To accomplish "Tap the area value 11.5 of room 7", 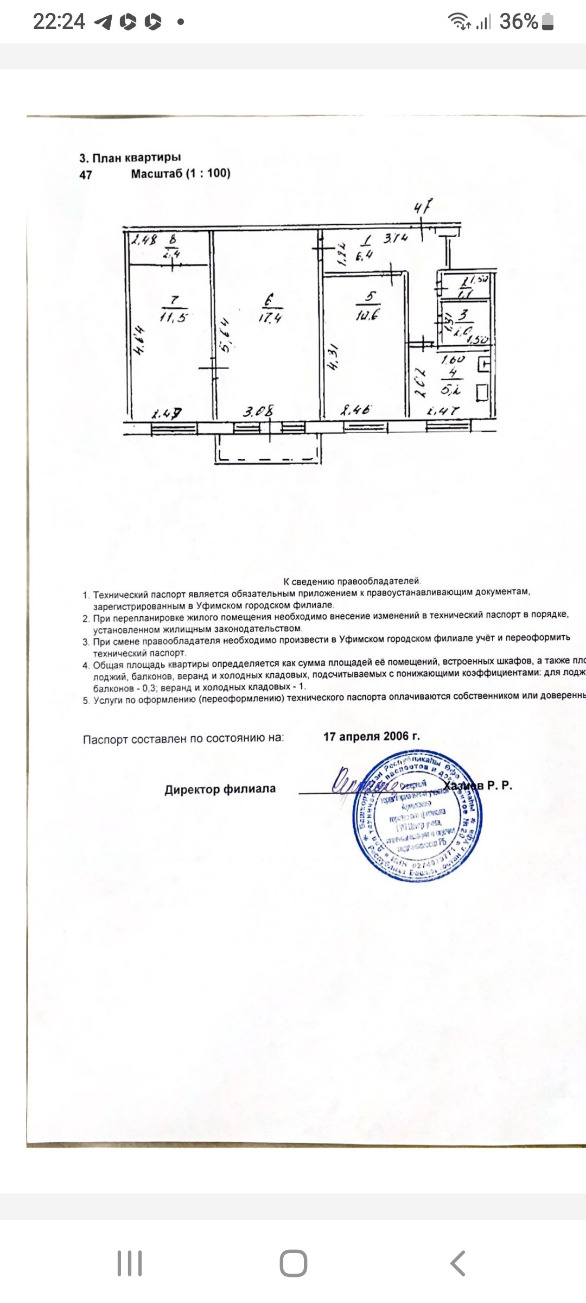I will [173, 317].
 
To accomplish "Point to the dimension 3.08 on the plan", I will [258, 412].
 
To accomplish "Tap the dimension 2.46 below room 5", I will [355, 410].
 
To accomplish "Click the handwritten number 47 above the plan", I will [423, 207].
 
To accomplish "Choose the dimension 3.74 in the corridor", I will [396, 238].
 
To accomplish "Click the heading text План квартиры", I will [137, 158].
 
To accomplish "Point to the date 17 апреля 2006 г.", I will [372, 737].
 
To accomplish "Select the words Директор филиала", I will [220, 789].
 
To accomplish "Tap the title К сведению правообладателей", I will [352, 581].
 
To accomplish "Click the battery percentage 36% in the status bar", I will [518, 22].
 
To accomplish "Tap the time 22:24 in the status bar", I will [59, 22].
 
